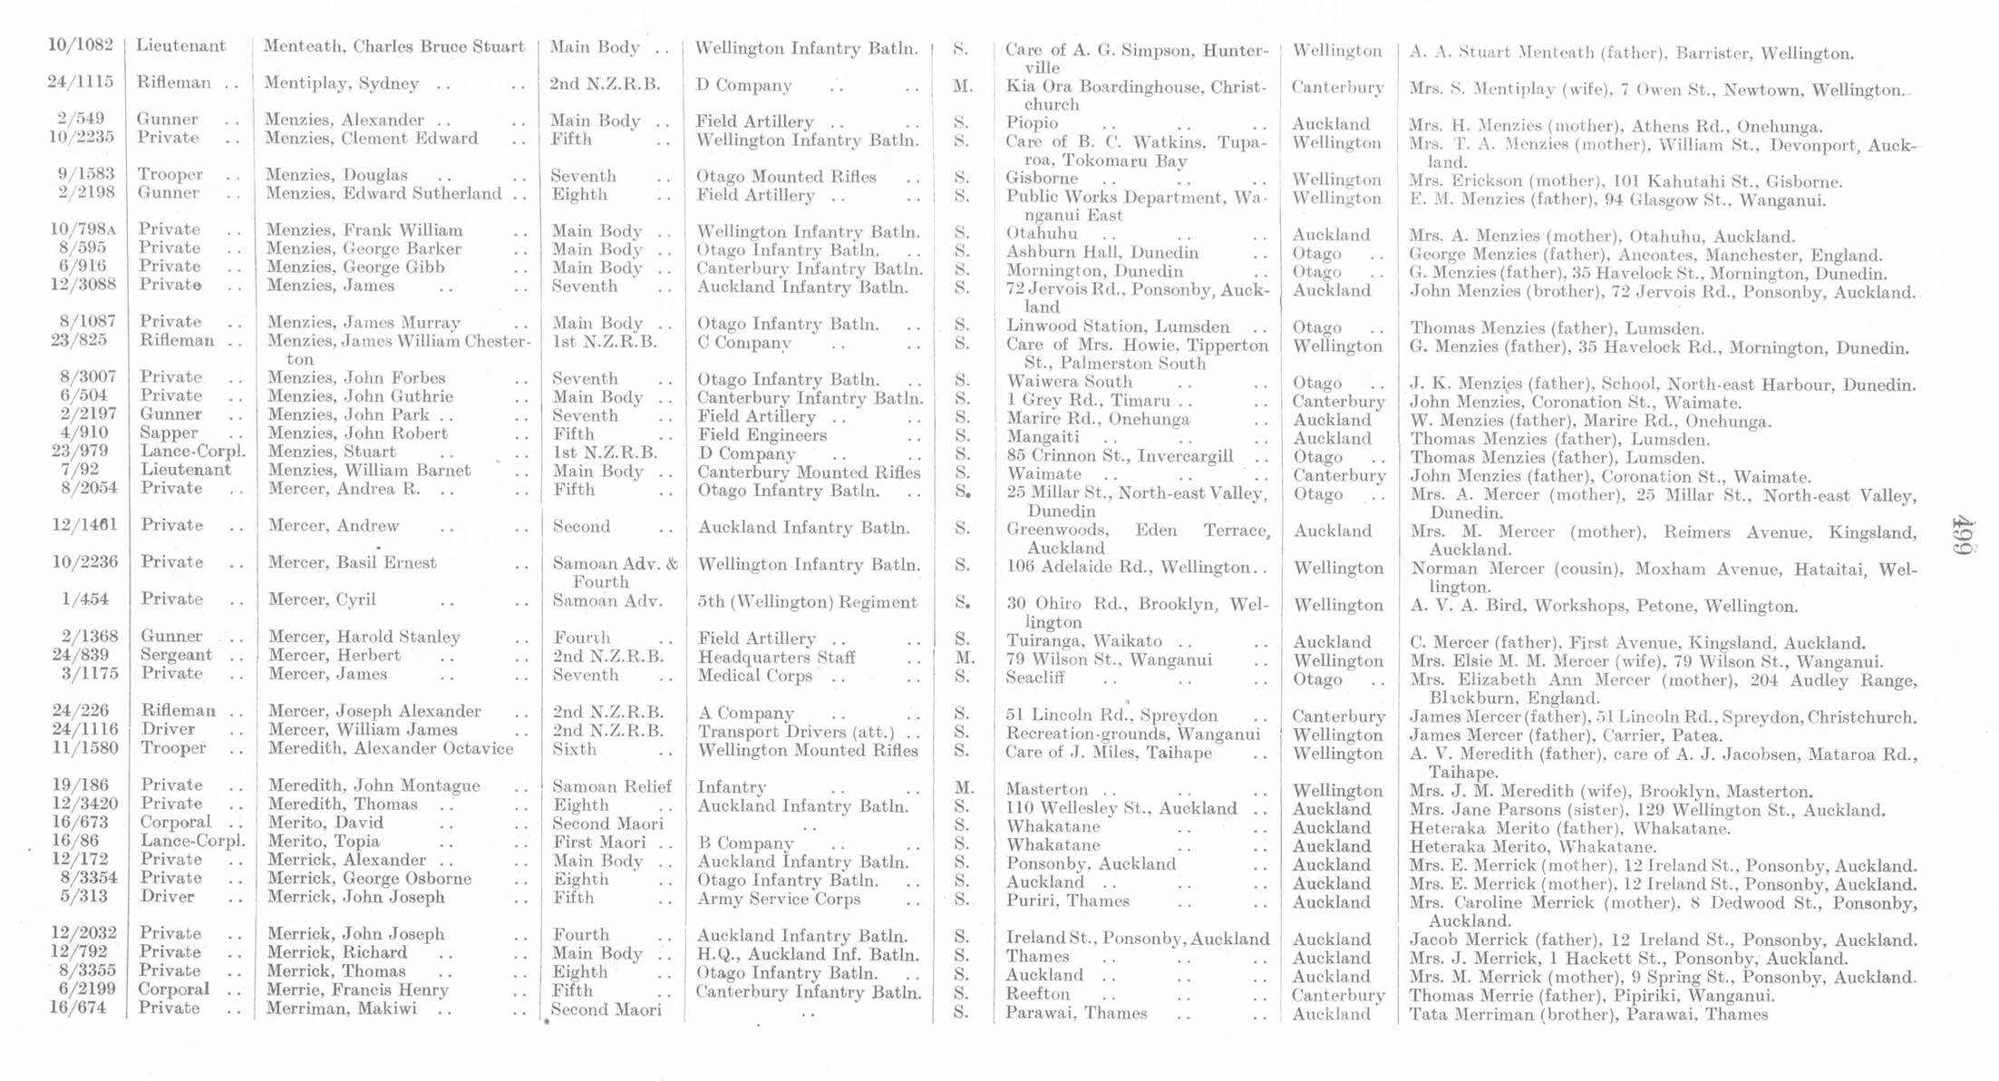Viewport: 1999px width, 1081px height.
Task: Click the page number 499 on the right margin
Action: tap(1963, 540)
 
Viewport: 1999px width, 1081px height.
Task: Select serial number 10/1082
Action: tap(81, 45)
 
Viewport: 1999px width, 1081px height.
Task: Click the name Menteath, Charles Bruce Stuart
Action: tap(394, 46)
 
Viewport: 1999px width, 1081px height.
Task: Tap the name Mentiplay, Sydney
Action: tap(342, 83)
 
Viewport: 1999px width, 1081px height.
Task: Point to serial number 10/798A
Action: tap(81, 229)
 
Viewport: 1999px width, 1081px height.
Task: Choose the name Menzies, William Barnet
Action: tap(369, 470)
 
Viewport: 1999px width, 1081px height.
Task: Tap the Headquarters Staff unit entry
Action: tap(776, 657)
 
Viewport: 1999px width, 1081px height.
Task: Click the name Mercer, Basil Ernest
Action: tap(353, 562)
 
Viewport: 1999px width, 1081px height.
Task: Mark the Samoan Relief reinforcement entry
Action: tap(612, 786)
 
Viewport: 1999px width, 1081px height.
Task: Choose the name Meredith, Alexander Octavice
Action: tap(391, 748)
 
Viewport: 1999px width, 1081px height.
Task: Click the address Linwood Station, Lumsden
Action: tap(1118, 326)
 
